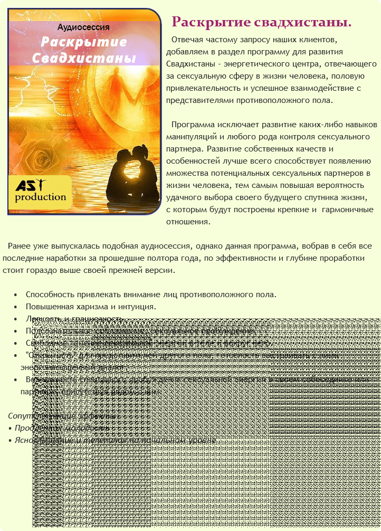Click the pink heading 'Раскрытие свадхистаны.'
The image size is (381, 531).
[262, 23]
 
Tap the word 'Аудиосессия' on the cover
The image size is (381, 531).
[83, 27]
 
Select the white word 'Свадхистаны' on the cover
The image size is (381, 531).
[83, 58]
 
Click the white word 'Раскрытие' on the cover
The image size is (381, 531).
[84, 42]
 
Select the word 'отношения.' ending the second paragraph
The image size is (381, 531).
[188, 222]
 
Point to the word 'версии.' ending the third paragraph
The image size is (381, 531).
[161, 270]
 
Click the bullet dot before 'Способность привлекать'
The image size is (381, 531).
[16, 295]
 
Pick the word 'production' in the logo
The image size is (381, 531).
[41, 197]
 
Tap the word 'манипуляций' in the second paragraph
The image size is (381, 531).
[189, 137]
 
